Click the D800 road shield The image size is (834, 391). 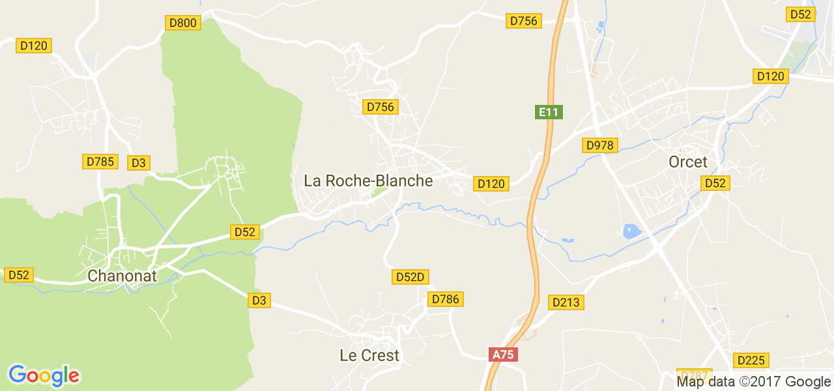click(x=182, y=23)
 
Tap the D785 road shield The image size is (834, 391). click(x=100, y=162)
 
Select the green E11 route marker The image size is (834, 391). click(x=549, y=112)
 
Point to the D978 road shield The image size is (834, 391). click(x=599, y=145)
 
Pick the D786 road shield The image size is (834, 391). click(x=446, y=299)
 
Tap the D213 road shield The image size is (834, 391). click(x=566, y=302)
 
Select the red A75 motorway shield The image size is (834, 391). click(x=503, y=355)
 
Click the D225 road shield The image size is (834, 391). click(x=751, y=360)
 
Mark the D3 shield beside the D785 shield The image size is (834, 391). click(x=139, y=163)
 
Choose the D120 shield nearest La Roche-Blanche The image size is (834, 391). click(x=491, y=184)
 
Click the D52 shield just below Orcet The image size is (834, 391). click(x=715, y=184)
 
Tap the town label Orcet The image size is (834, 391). click(x=687, y=162)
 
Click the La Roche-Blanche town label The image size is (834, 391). click(x=368, y=181)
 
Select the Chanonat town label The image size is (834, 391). click(x=122, y=276)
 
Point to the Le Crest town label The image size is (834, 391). click(x=369, y=356)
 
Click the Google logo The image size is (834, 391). click(x=44, y=375)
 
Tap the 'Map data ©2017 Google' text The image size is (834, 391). click(x=753, y=382)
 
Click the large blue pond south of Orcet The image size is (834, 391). click(x=631, y=231)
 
